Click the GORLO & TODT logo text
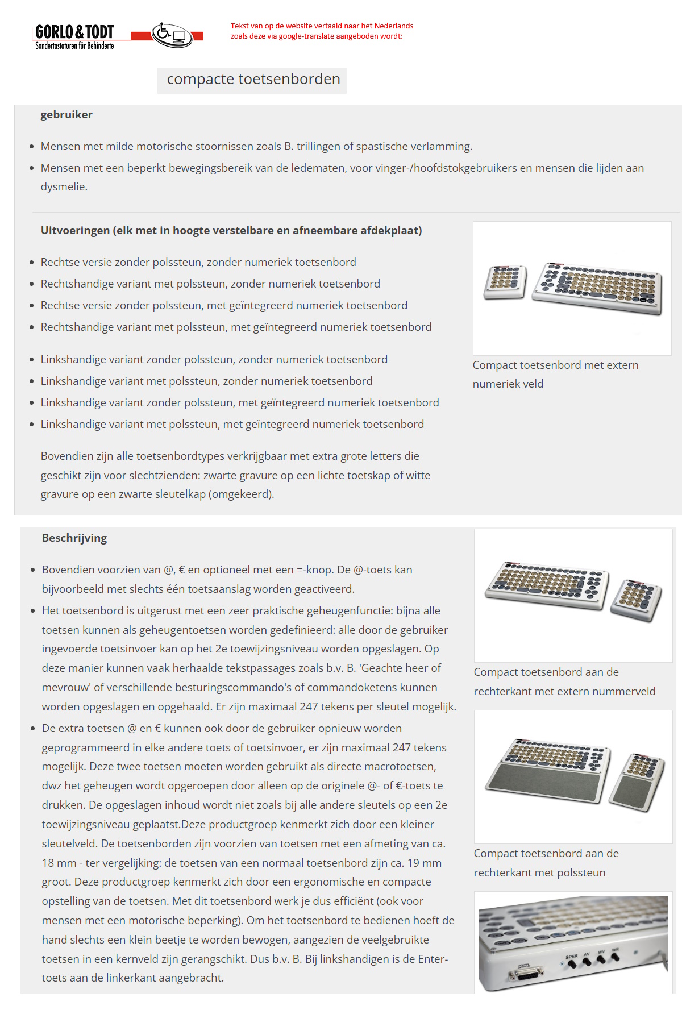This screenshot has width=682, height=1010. click(x=74, y=32)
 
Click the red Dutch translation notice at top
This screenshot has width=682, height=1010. click(x=322, y=31)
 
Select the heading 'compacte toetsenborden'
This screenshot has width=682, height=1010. click(x=253, y=80)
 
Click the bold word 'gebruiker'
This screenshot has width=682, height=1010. click(x=66, y=115)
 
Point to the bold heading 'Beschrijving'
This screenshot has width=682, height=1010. click(x=74, y=538)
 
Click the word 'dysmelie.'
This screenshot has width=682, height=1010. click(x=64, y=187)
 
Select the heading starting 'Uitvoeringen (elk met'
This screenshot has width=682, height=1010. click(x=231, y=231)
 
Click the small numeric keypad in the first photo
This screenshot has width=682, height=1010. click(x=505, y=281)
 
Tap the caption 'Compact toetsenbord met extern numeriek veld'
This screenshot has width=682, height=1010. click(x=555, y=375)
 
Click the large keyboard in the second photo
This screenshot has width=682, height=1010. click(x=546, y=585)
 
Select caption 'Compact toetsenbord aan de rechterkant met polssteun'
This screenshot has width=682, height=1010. click(x=546, y=863)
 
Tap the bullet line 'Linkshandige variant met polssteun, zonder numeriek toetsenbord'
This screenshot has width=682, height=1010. click(x=206, y=381)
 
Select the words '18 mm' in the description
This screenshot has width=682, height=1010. click(x=59, y=863)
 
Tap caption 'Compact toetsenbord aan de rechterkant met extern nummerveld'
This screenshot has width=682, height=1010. click(x=564, y=681)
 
